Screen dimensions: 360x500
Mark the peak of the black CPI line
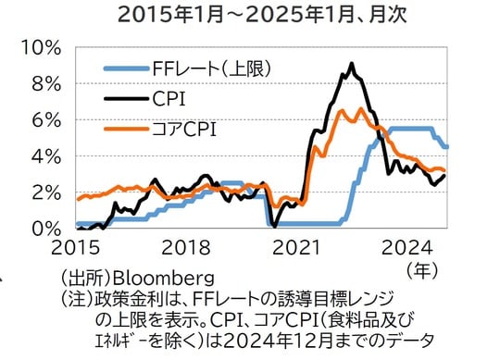click(x=351, y=64)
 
